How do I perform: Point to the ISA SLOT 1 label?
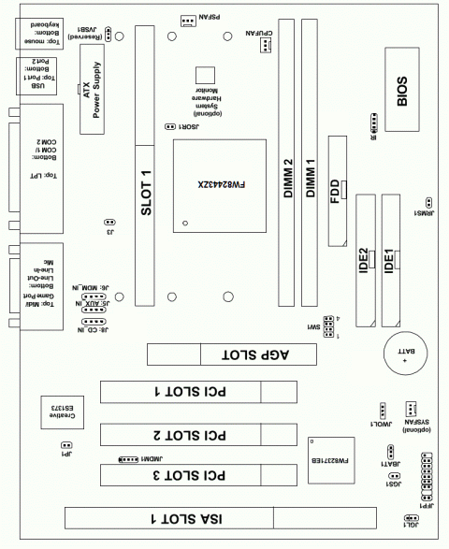(x=179, y=517)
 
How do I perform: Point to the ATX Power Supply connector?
(x=93, y=90)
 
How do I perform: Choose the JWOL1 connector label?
(x=382, y=425)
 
